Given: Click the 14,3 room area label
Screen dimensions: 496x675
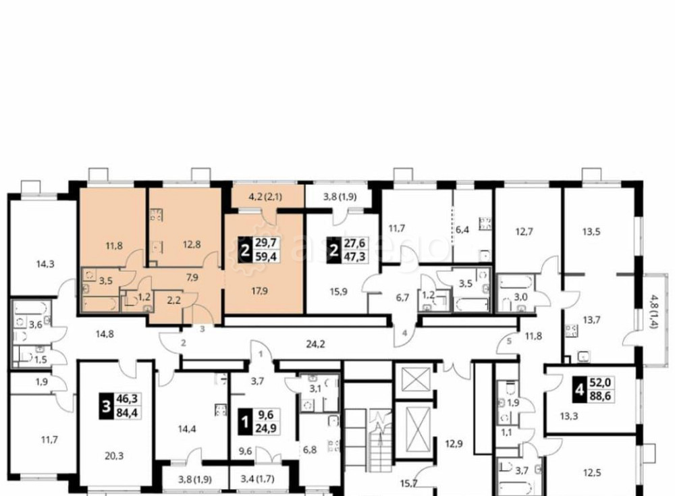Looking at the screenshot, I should pos(45,265).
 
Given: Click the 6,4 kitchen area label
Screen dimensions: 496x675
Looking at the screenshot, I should pos(462,229).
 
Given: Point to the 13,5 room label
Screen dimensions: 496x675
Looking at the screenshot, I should pos(591,233).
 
